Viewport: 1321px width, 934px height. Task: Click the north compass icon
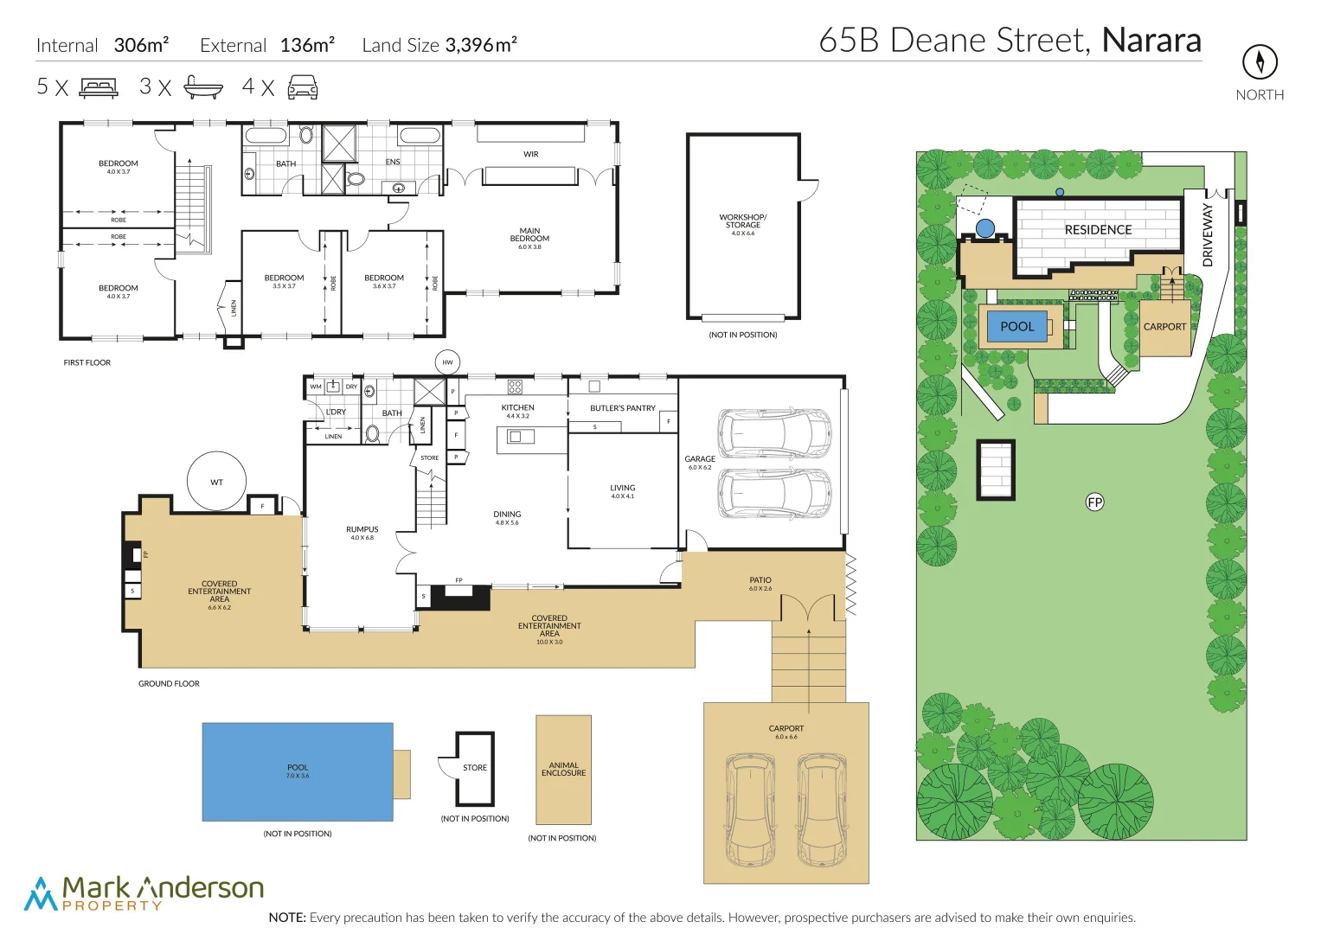1260,61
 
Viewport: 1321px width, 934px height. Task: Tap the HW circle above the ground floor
447,362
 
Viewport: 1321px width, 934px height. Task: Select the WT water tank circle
216,482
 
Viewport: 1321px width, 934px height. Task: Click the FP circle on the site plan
1094,502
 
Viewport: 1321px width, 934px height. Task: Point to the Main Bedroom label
529,235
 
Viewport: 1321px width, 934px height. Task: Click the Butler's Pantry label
622,408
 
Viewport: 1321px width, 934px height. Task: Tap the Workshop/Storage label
742,221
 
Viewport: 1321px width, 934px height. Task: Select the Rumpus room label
362,529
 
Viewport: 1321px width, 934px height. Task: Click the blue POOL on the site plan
1017,326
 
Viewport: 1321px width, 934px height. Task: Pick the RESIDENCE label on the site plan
1098,230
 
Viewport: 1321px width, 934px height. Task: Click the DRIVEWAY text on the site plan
1209,234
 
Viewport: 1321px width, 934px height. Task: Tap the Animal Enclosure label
563,769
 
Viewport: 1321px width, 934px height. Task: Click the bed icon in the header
99,87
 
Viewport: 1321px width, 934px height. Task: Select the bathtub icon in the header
203,87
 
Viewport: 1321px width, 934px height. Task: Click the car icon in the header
302,87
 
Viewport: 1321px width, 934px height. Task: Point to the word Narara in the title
1151,41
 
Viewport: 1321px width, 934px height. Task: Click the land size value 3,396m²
481,45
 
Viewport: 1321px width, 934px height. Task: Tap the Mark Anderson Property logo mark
40,894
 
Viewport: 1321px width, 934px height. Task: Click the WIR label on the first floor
530,155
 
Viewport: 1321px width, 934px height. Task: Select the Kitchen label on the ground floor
517,407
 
